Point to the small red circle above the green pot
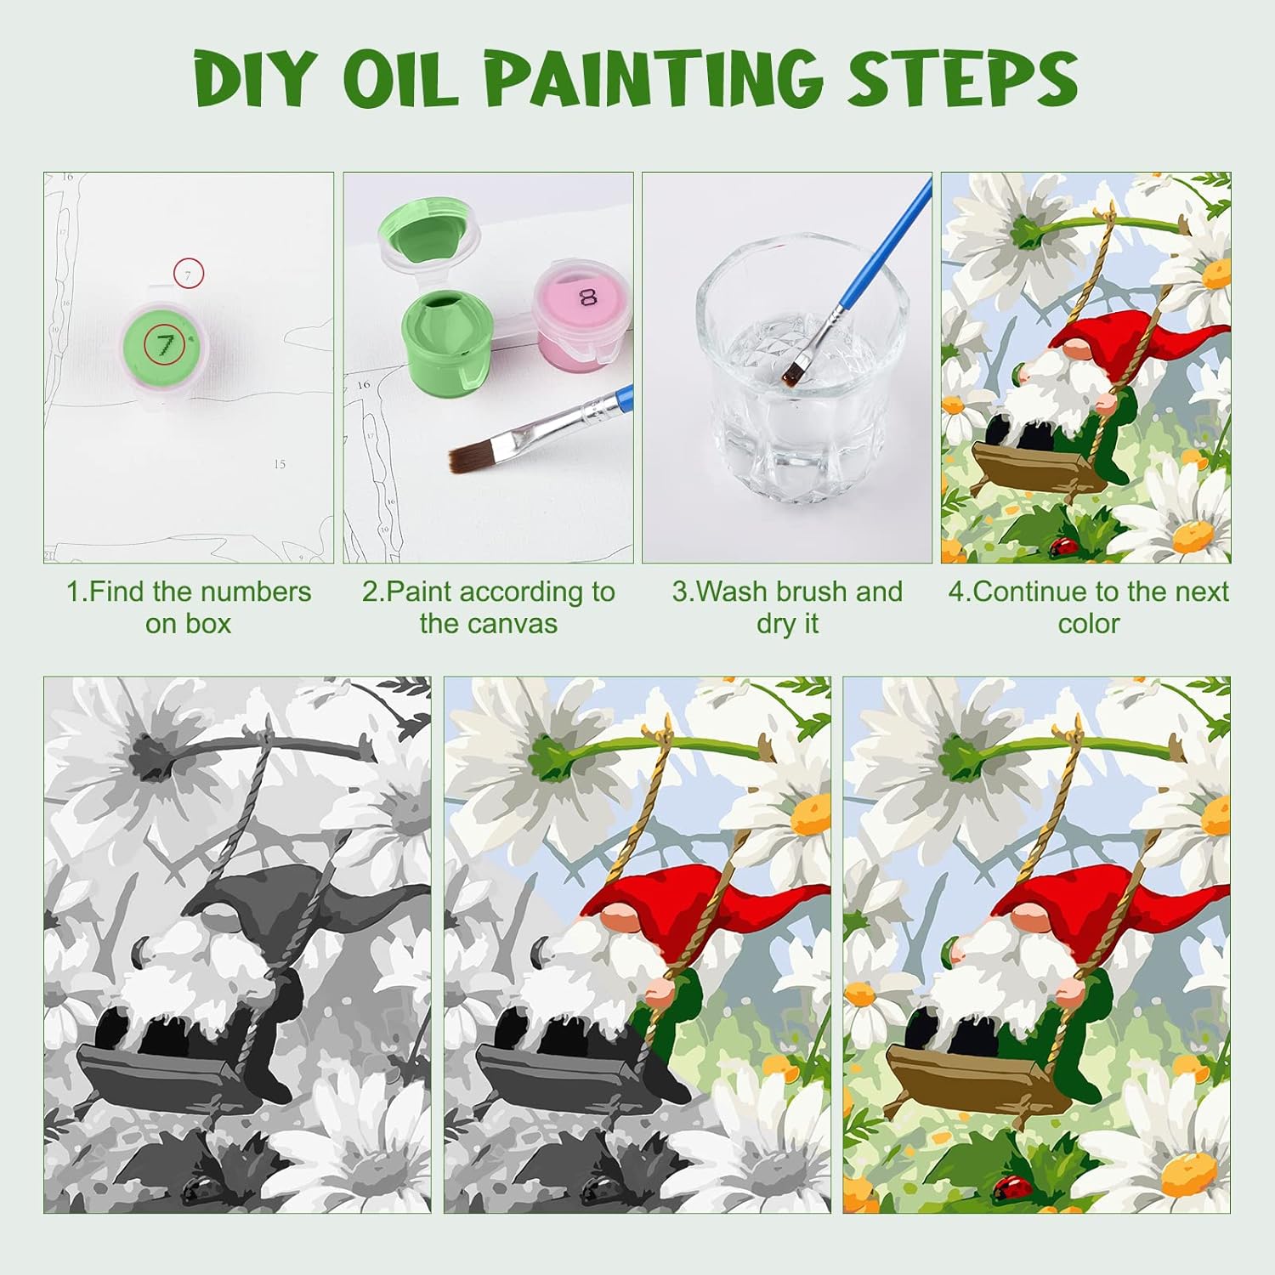coord(189,274)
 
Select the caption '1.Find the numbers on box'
coord(189,607)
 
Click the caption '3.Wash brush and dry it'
coord(787,607)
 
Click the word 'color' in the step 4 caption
coord(1089,624)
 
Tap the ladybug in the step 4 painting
coord(1063,547)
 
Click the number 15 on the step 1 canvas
coord(280,464)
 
